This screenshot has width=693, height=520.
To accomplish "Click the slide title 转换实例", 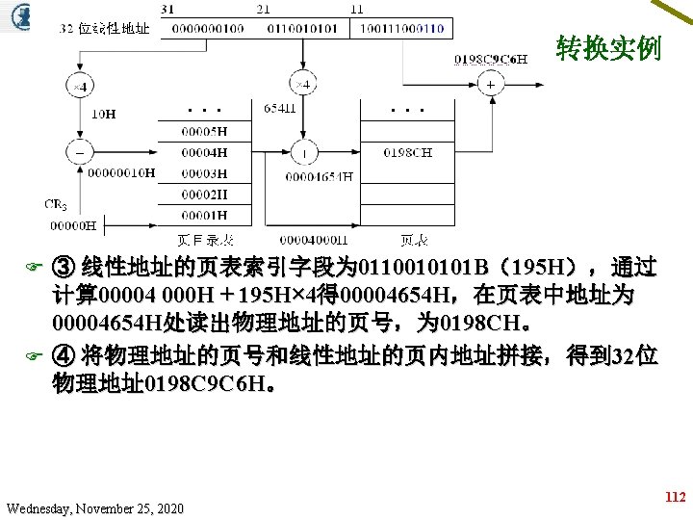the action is [608, 48].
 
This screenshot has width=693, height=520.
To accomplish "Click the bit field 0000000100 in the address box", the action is [208, 28].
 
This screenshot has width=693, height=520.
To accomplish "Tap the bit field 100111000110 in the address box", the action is [402, 28].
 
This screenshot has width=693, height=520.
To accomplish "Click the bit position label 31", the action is [169, 8].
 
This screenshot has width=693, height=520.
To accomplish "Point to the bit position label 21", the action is [263, 8].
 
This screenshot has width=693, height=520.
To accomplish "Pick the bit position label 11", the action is [357, 8].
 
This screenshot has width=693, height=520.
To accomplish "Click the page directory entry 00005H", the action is [208, 131].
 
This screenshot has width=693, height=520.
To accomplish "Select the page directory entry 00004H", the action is [208, 152].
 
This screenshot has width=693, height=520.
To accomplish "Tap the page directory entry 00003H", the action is [208, 174].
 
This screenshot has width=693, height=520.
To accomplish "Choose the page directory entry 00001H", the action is [208, 216].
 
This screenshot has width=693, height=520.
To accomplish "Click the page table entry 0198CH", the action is [407, 152].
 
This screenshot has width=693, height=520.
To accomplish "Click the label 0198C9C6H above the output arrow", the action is [491, 59].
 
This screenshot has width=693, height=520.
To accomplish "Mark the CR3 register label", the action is [55, 204].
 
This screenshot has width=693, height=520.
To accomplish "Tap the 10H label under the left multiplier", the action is [103, 114].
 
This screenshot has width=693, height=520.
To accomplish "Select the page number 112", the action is [675, 498].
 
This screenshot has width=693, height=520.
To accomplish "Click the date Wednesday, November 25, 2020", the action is [94, 507].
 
